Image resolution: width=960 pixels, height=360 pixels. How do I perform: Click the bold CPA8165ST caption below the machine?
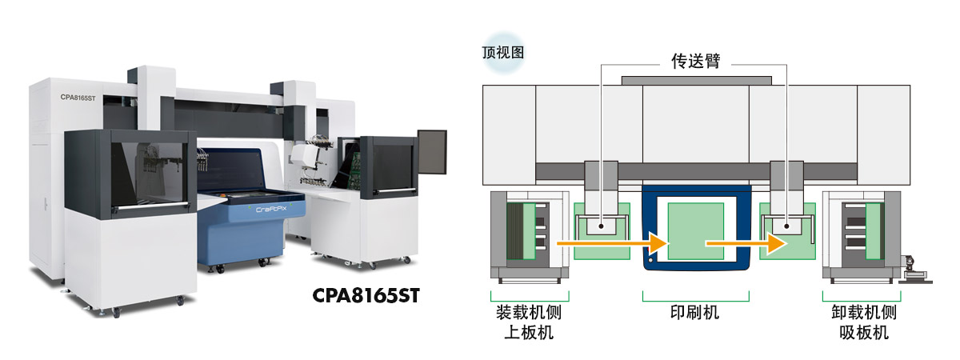366,296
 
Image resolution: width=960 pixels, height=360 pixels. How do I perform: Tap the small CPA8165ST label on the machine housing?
78,98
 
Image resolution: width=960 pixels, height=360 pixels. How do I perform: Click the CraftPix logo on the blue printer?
271,209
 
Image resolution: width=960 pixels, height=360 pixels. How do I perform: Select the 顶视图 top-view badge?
503,53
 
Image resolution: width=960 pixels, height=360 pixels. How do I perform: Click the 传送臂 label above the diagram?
695,61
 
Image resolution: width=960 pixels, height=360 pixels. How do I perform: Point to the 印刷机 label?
695,313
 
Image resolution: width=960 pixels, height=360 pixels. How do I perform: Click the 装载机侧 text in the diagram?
529,313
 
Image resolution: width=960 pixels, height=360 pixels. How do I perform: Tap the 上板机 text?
529,333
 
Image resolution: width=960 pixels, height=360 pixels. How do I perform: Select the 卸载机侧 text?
863,313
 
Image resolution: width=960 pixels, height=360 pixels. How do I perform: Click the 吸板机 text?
863,333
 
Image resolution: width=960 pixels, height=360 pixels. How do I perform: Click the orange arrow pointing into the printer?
613,243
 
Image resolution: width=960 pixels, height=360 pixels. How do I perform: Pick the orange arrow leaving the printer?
746,243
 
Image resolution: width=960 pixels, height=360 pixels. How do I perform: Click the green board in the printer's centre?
696,231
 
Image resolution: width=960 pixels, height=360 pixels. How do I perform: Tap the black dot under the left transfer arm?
602,226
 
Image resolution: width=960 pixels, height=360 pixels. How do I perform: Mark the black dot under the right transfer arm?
786,226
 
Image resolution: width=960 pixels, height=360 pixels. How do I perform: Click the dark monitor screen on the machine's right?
432,152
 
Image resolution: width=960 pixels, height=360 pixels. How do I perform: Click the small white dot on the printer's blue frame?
650,260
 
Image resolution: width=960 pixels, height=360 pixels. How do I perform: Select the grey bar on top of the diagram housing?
697,81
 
